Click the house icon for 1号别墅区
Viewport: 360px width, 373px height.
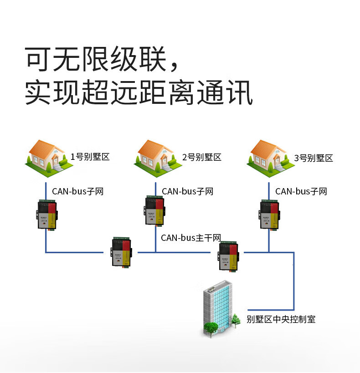click(x=48, y=155)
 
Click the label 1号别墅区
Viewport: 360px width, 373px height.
click(x=90, y=157)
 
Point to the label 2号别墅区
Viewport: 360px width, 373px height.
click(x=201, y=158)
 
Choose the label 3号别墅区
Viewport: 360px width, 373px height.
click(x=314, y=158)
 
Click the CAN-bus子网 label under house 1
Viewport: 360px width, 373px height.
click(x=77, y=191)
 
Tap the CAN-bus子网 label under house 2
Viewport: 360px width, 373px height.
click(x=188, y=191)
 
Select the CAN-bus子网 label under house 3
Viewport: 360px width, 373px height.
click(x=301, y=191)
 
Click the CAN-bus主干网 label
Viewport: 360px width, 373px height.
click(x=191, y=238)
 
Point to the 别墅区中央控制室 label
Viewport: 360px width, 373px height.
click(x=281, y=319)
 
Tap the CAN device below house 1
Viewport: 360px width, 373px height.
click(x=46, y=215)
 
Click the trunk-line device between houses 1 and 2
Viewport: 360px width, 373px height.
click(x=122, y=252)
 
